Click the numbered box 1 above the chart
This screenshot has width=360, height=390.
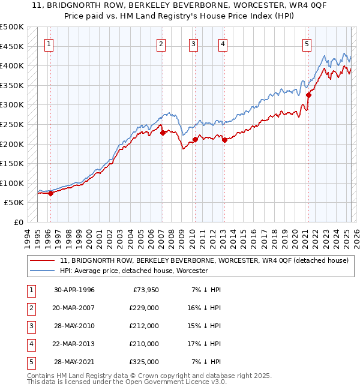coord(48,43)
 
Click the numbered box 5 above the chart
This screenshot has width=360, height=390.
coord(307,43)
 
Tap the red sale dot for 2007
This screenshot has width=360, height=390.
coord(163,133)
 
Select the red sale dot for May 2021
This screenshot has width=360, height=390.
coord(309,94)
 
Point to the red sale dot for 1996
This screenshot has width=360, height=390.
coord(50,193)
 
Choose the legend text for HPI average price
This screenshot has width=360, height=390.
coord(133,271)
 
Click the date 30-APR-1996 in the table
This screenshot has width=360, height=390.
coord(74,290)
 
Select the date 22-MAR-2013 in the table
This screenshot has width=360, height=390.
coord(74,344)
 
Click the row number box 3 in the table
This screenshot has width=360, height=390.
coord(31,326)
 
